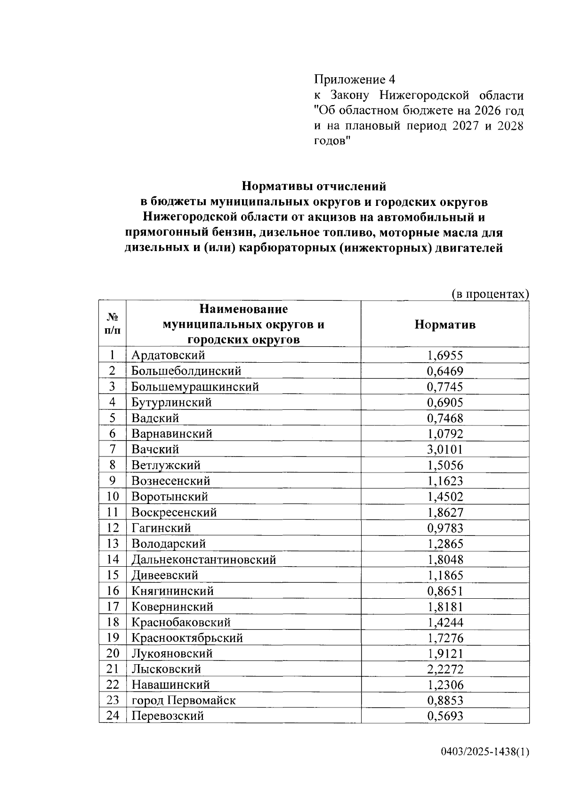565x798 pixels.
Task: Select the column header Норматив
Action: point(444,325)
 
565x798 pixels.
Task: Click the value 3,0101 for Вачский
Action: point(444,449)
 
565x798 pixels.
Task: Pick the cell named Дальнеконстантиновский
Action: point(203,560)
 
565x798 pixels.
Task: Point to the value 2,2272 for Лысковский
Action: point(444,669)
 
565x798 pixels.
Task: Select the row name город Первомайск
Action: point(183,700)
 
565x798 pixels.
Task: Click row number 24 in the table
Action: point(113,716)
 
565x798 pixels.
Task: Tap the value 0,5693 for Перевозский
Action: point(444,717)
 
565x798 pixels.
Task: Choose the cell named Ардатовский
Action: point(168,355)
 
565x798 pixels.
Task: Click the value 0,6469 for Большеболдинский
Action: point(444,371)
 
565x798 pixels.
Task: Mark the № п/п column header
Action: point(113,324)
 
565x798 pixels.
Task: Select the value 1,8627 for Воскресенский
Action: point(444,513)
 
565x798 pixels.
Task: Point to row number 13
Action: point(113,544)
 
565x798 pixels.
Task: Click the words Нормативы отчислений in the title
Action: point(314,187)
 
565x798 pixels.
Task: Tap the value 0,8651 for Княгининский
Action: point(444,591)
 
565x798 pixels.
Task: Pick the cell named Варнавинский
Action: point(172,434)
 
